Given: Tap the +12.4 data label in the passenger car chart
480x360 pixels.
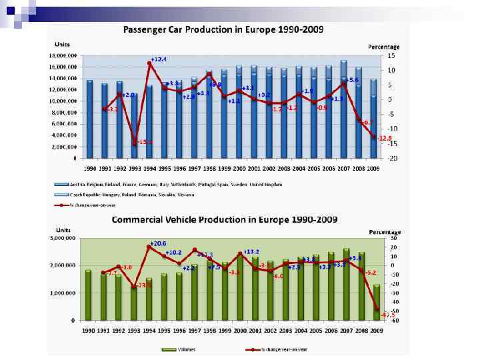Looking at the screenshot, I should coord(159,59).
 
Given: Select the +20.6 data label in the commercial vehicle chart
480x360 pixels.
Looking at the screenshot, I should coord(159,243).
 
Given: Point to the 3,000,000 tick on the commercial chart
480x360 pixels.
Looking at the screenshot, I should coord(65,238).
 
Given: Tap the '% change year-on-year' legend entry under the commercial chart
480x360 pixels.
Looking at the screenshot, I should coord(280,349).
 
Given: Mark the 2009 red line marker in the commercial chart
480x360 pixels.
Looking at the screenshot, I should coord(377,309).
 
